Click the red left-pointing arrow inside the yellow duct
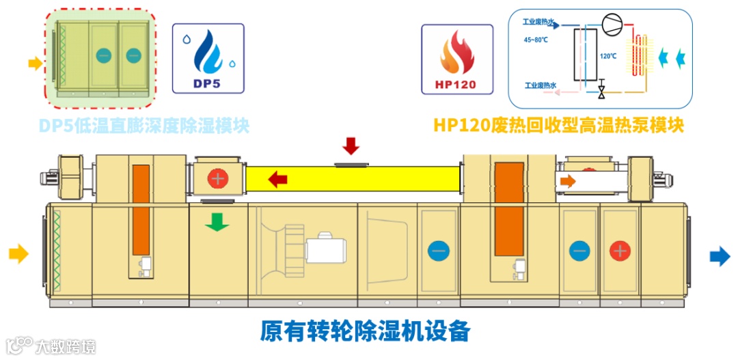pos(277,180)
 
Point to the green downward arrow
pos(217,222)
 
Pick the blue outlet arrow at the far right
pos(720,255)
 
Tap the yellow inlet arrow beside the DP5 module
pos(34,64)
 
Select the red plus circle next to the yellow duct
pos(217,180)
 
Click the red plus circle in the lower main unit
pos(619,250)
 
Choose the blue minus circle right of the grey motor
pos(438,251)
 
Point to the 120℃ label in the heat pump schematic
pos(608,57)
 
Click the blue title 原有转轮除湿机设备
pos(365,331)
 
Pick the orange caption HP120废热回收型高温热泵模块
pos(558,125)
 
